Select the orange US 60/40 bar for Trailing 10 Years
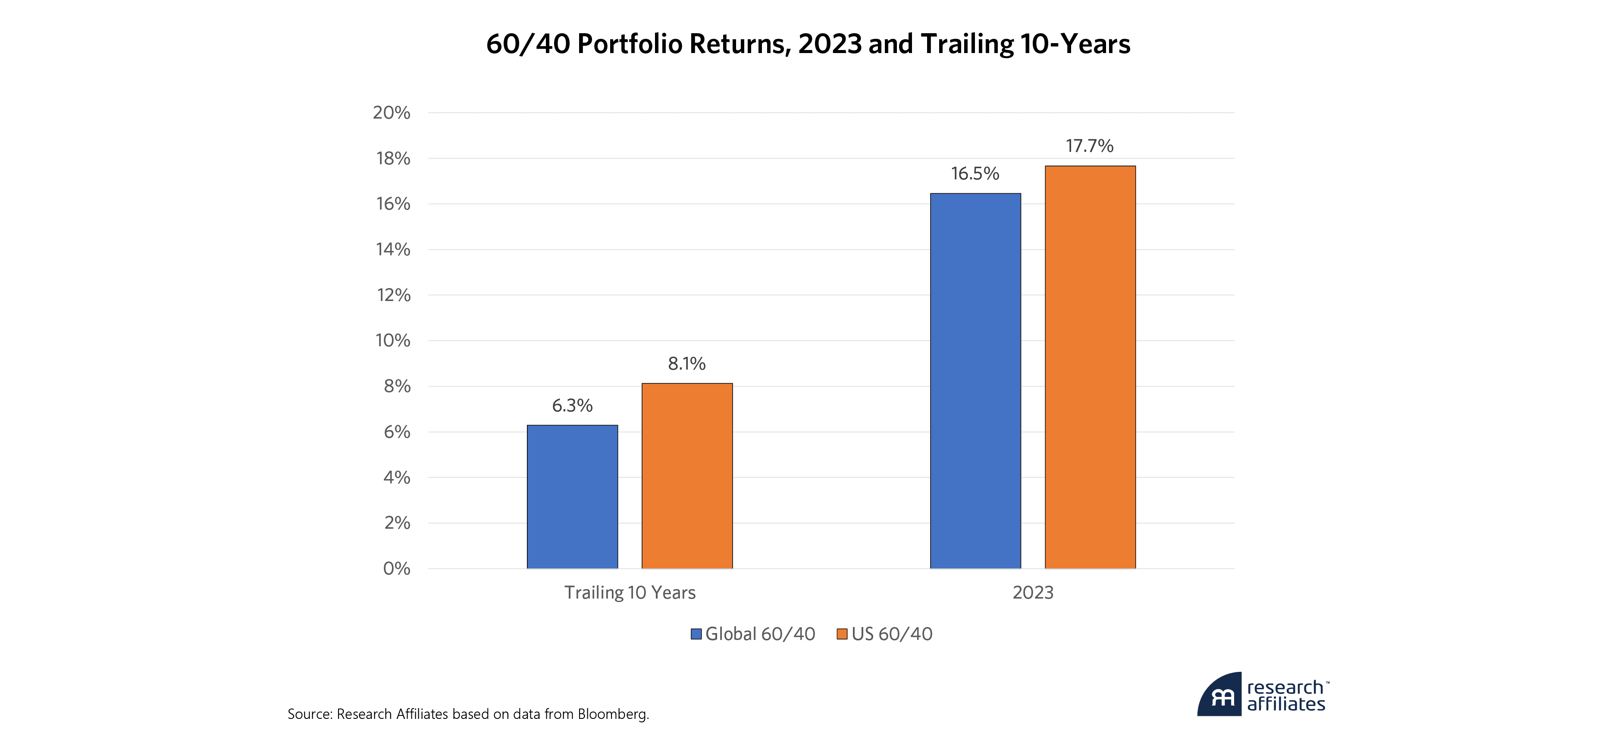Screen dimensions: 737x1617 point(687,476)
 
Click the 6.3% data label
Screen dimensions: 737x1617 point(572,405)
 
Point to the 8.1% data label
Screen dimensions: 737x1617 point(687,364)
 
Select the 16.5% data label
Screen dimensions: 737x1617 point(975,173)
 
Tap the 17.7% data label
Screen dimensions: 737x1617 point(1090,146)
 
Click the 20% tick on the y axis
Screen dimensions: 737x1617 point(392,113)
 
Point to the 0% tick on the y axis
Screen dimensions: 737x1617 point(397,569)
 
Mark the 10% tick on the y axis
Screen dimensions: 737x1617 point(393,341)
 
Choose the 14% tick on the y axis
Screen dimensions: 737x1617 point(393,250)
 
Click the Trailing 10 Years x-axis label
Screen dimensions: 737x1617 point(630,593)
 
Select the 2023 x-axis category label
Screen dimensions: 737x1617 point(1033,593)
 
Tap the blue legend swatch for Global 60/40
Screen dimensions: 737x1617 point(696,634)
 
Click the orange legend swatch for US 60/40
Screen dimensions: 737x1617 point(842,634)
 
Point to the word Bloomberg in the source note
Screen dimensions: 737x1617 point(612,714)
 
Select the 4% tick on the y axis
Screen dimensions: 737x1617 point(397,478)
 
